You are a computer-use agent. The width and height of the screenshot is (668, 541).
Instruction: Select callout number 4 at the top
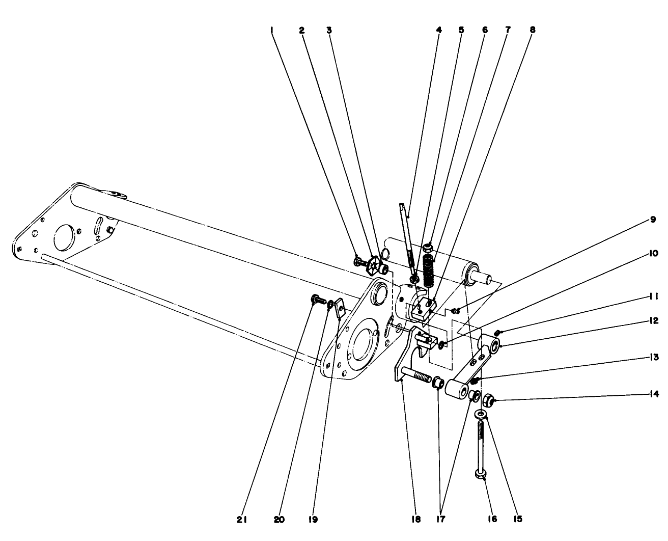tap(439, 30)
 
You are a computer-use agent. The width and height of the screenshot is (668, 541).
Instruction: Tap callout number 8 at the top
tap(533, 30)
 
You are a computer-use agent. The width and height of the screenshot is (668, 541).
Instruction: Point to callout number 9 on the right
tap(653, 220)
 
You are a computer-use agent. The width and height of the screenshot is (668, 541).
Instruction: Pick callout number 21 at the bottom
tap(242, 520)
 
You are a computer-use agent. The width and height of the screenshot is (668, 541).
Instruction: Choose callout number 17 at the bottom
tap(440, 520)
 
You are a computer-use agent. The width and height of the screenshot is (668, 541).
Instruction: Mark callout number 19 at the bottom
tap(313, 520)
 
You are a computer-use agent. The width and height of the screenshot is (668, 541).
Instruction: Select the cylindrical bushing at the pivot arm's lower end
tap(457, 390)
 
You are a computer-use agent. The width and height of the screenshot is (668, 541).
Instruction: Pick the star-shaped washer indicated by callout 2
tap(375, 265)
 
